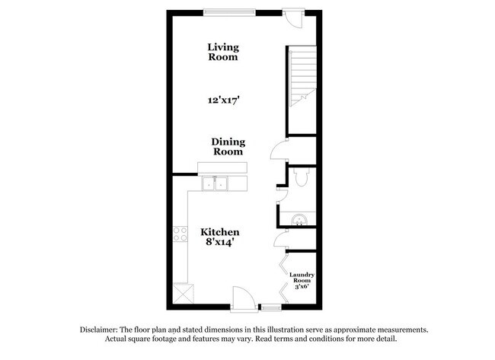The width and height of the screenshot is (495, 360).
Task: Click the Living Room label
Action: point(222,52)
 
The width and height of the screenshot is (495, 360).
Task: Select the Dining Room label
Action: point(227,145)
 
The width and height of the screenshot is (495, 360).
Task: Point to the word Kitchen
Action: point(220,232)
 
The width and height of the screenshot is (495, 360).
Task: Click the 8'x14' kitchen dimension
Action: point(221,243)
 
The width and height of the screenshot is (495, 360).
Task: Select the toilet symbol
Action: point(301,178)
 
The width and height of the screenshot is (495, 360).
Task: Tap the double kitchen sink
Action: point(216,184)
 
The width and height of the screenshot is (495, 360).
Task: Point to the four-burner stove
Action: point(180,234)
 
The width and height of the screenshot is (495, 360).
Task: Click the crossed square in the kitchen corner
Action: point(183,293)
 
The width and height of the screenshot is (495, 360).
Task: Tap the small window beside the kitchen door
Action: point(270,307)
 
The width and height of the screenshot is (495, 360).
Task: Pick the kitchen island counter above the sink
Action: point(222,168)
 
